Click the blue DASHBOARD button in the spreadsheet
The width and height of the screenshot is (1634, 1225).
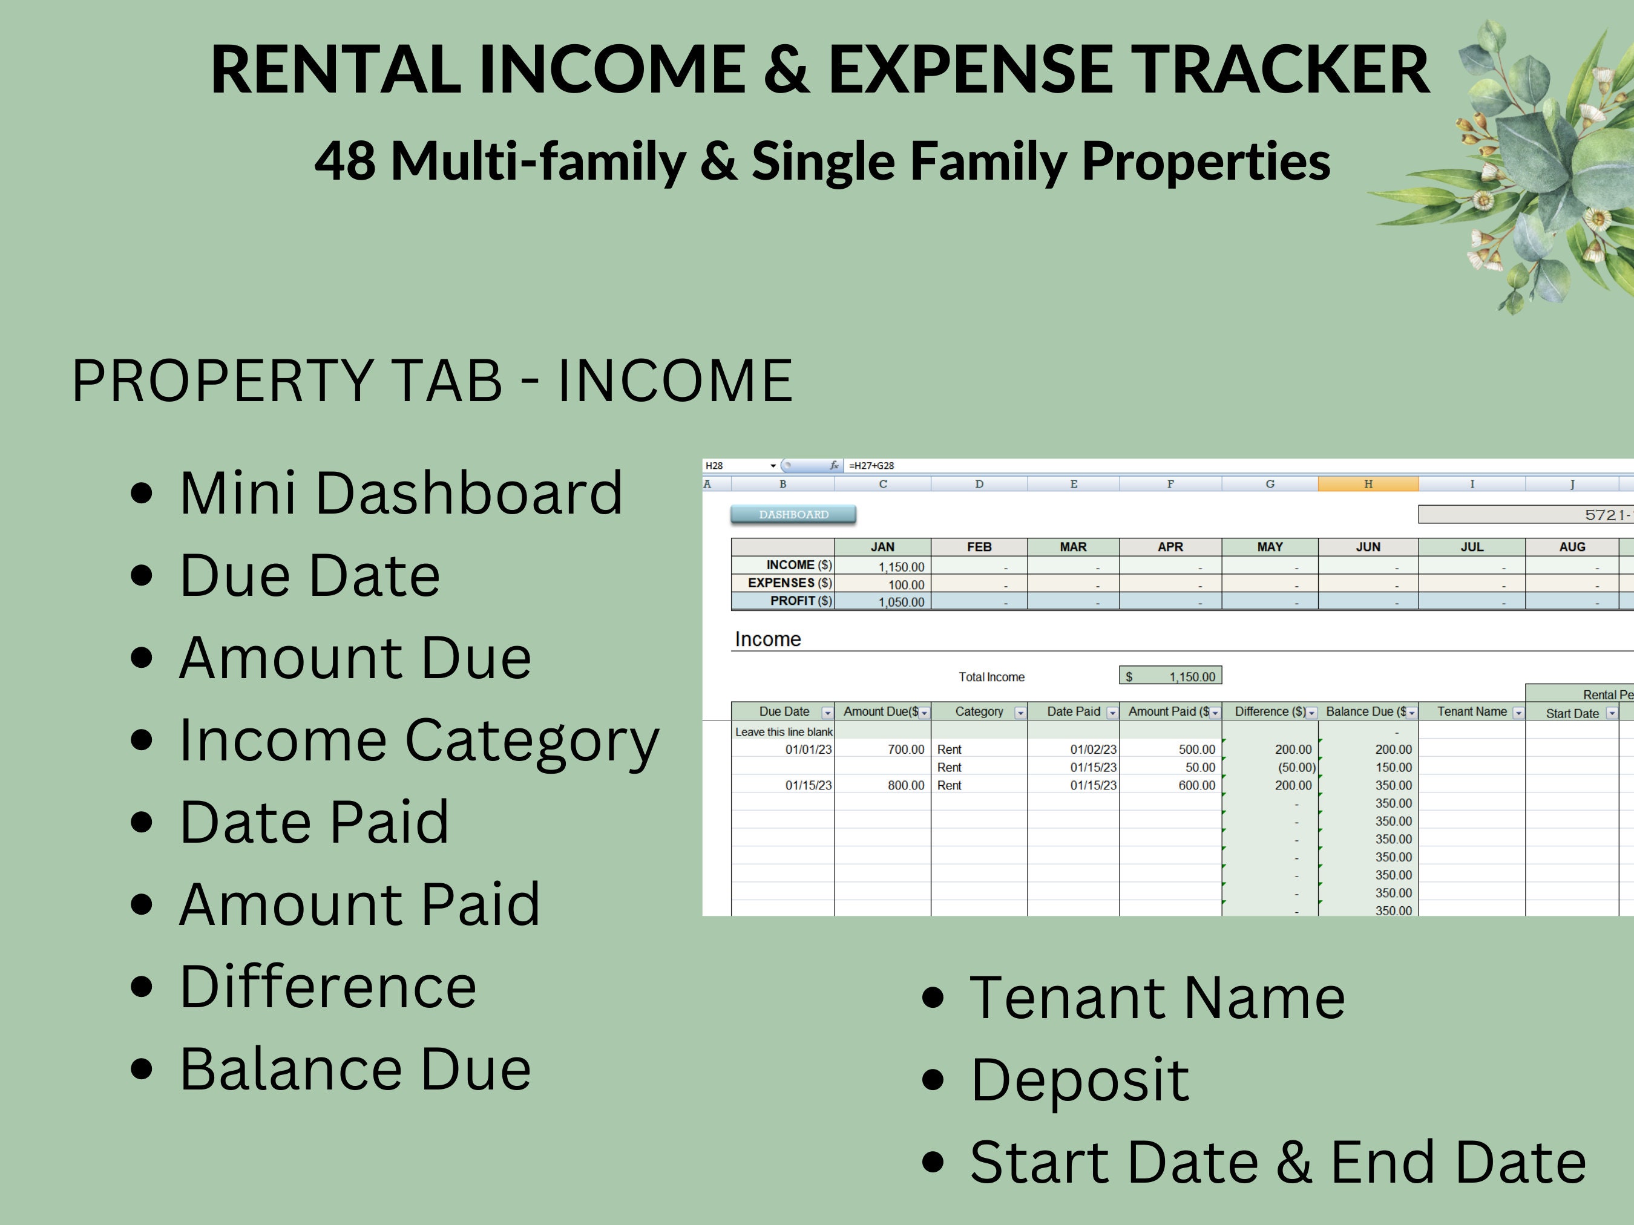tap(793, 515)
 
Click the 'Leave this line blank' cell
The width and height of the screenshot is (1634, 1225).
tap(783, 732)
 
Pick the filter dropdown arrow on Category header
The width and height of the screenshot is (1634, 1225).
tap(1020, 713)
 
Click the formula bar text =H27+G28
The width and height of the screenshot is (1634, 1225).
tap(871, 466)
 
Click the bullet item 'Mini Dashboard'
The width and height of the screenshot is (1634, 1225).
tap(401, 493)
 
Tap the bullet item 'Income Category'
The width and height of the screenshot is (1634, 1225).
tap(419, 740)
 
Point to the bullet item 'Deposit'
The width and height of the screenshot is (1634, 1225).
tap(1078, 1080)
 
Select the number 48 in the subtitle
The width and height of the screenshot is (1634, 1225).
tap(344, 161)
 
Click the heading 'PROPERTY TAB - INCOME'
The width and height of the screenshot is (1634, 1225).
tap(432, 381)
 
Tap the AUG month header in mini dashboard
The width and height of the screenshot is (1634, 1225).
tap(1571, 547)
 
